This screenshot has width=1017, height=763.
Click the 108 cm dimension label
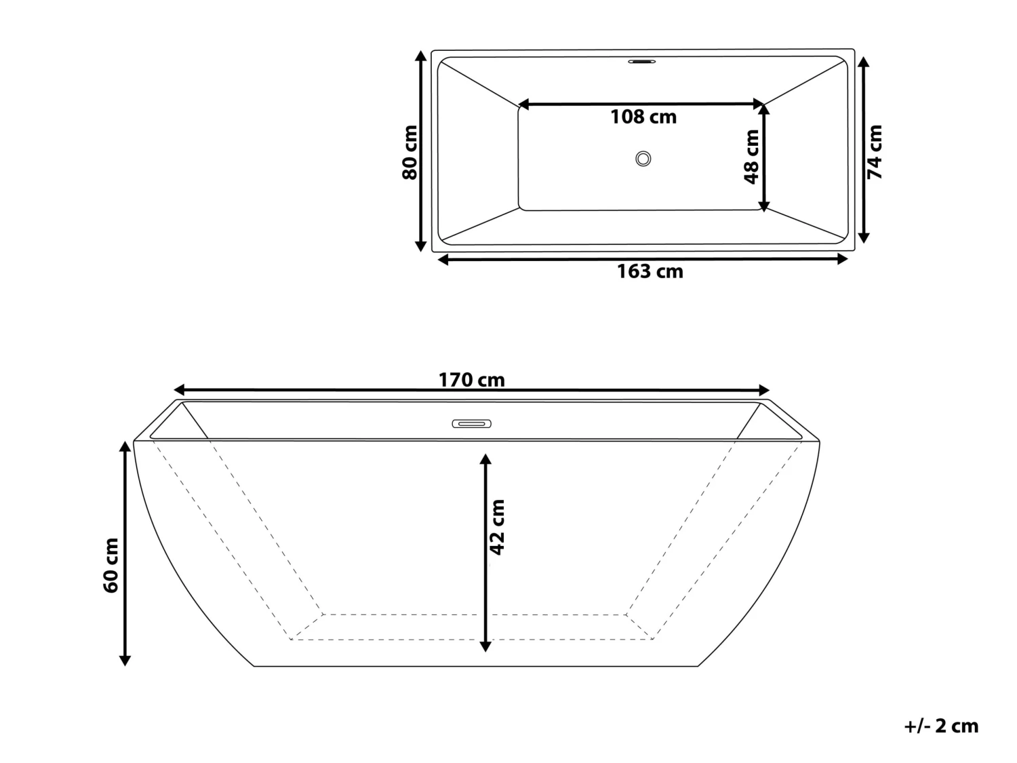[643, 117]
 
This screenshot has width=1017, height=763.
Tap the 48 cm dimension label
[751, 157]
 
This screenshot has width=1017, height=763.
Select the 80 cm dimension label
[410, 153]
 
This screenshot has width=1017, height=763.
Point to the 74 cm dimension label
[875, 153]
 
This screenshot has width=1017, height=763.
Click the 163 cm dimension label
[650, 272]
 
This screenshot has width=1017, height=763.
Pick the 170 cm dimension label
[471, 380]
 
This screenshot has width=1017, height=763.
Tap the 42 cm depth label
[498, 527]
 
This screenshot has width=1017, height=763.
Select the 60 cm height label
[111, 565]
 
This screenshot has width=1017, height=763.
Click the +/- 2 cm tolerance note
[941, 726]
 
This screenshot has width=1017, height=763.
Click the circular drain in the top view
[643, 159]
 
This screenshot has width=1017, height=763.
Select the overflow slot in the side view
[471, 425]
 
